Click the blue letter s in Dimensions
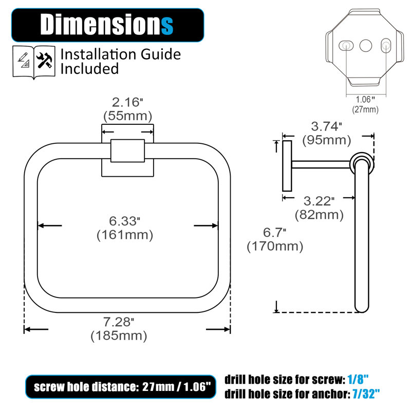click(x=167, y=25)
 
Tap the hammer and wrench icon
click(x=44, y=60)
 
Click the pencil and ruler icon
click(x=24, y=60)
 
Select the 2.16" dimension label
click(x=127, y=102)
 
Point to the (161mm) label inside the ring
click(x=125, y=235)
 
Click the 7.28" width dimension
click(x=119, y=322)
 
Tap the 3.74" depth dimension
click(x=326, y=126)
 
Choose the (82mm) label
click(x=319, y=215)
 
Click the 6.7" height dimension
click(x=274, y=233)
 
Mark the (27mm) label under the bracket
click(x=365, y=109)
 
